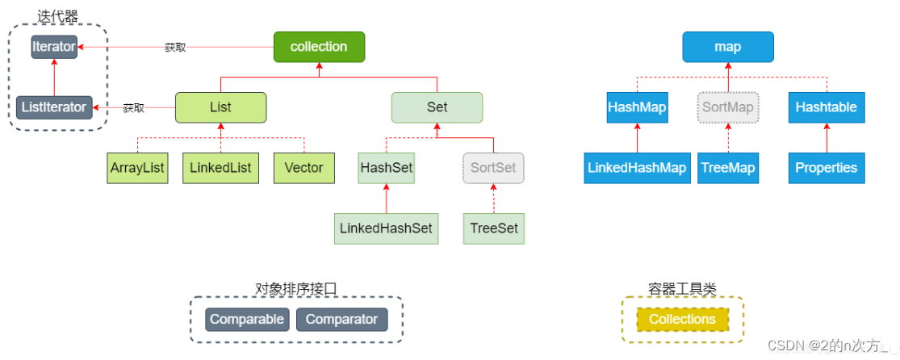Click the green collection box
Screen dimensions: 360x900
pyautogui.click(x=319, y=47)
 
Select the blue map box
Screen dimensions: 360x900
pyautogui.click(x=727, y=47)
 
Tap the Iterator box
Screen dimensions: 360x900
pyautogui.click(x=54, y=47)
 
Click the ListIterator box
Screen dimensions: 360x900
pyautogui.click(x=54, y=107)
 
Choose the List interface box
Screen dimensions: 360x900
pyautogui.click(x=220, y=107)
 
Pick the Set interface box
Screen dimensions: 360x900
pyautogui.click(x=437, y=107)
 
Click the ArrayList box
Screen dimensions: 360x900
pyautogui.click(x=137, y=168)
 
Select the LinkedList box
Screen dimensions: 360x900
pyautogui.click(x=220, y=168)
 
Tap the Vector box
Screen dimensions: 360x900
pyautogui.click(x=303, y=168)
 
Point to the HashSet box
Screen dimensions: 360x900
pyautogui.click(x=386, y=168)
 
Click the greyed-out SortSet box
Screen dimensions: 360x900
pyautogui.click(x=493, y=168)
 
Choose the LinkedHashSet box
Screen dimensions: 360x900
pyautogui.click(x=386, y=228)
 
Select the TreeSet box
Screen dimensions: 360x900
pyautogui.click(x=493, y=228)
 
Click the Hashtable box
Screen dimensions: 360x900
pyautogui.click(x=826, y=107)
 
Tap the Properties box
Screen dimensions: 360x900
pyautogui.click(x=826, y=168)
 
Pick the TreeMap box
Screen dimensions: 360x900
pyautogui.click(x=727, y=168)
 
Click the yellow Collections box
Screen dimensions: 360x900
pyautogui.click(x=682, y=320)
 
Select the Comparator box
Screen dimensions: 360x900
pyautogui.click(x=341, y=320)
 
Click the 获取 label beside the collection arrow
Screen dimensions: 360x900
pyautogui.click(x=175, y=48)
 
